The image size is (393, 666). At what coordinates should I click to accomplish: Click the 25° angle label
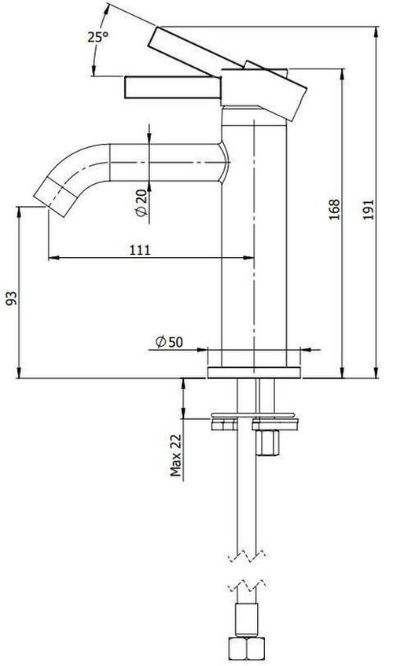97,37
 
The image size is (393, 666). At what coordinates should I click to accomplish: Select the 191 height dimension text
369,209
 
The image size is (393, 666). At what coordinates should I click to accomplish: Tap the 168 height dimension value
334,209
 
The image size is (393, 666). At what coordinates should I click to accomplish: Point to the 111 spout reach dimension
140,250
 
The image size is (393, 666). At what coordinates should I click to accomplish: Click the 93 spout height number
12,298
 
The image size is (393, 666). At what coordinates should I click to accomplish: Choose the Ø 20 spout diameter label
141,203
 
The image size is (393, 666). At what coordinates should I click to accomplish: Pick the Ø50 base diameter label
169,341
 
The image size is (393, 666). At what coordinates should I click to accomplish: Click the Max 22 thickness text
175,455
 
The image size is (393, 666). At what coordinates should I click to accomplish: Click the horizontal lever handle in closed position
173,87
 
